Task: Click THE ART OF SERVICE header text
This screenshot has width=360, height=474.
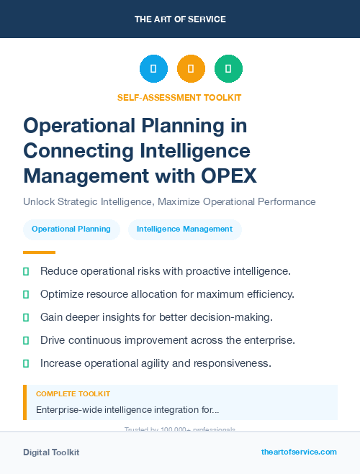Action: [x=180, y=19]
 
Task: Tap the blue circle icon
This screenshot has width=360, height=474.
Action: [x=153, y=69]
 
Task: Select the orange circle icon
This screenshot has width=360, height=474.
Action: [x=191, y=69]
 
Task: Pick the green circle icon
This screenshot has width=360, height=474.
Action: [x=228, y=69]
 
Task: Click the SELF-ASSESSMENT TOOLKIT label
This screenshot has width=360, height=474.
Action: [x=179, y=97]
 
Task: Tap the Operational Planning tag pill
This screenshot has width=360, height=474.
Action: [x=71, y=229]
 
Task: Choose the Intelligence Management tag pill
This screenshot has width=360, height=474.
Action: [x=184, y=229]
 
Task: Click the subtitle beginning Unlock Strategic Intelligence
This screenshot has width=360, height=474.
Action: [x=169, y=201]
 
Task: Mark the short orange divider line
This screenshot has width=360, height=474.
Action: [x=39, y=252]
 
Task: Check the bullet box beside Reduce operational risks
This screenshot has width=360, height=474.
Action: [x=26, y=271]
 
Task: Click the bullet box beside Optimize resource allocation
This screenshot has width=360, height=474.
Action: [x=26, y=294]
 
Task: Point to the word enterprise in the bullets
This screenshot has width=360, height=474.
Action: [x=283, y=340]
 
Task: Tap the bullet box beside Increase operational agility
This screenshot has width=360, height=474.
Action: [x=26, y=363]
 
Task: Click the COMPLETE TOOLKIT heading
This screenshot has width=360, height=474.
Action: [x=73, y=394]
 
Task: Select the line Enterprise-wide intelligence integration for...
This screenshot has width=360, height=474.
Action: [x=127, y=410]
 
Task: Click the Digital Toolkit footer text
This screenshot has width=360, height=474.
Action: [x=51, y=452]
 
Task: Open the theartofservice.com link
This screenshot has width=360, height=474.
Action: [x=299, y=452]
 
